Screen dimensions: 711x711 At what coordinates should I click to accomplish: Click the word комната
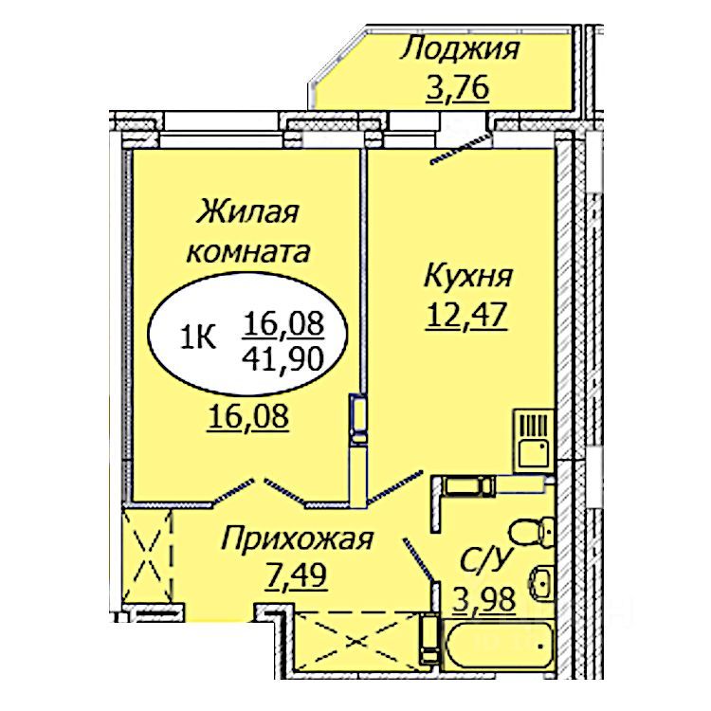pyautogui.click(x=248, y=251)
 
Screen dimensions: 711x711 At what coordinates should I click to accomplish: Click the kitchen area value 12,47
pyautogui.click(x=466, y=314)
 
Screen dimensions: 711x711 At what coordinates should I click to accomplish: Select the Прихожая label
pyautogui.click(x=298, y=540)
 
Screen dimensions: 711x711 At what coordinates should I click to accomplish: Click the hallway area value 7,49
pyautogui.click(x=298, y=575)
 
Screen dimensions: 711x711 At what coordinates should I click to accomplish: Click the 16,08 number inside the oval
pyautogui.click(x=283, y=323)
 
